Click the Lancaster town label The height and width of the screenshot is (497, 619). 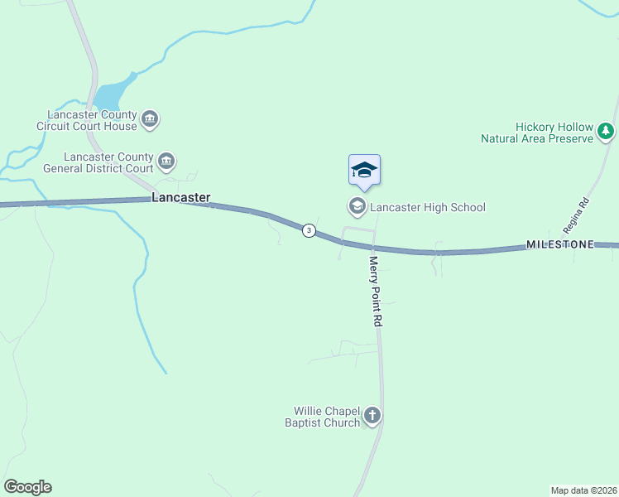(x=180, y=198)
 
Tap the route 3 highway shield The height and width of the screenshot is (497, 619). (x=308, y=230)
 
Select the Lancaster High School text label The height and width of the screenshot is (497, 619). (x=427, y=207)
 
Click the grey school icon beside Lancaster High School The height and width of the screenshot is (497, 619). (x=357, y=206)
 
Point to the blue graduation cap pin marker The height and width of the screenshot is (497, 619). (x=364, y=171)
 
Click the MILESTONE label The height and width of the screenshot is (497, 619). (x=560, y=245)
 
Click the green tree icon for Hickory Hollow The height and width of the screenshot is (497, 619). (x=607, y=131)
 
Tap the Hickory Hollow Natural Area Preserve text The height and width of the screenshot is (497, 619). (x=537, y=133)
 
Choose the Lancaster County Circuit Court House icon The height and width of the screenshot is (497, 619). (x=150, y=120)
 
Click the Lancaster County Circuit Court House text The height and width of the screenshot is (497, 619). (x=92, y=120)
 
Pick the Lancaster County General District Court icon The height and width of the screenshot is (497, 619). (x=166, y=161)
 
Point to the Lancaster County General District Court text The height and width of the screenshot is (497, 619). (x=109, y=162)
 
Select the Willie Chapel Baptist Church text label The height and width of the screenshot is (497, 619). (x=327, y=417)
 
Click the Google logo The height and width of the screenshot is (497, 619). (x=27, y=487)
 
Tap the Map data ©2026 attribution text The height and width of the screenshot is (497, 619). (x=583, y=490)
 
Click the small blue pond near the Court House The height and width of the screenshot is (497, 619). (x=112, y=94)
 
